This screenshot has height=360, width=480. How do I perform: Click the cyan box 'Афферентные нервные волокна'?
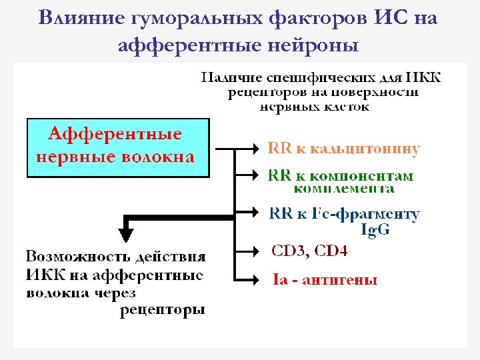point(117,147)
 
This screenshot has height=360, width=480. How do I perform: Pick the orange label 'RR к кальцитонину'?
point(343,149)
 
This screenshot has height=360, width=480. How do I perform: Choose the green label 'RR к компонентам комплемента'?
point(340,182)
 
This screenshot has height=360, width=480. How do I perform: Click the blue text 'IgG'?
point(375,231)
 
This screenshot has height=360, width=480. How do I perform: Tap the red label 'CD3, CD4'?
point(309,251)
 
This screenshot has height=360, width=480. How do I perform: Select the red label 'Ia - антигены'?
point(325,279)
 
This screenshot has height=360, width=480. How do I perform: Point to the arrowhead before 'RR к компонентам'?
point(259,175)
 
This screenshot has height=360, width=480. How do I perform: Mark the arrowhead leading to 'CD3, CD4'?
point(259,251)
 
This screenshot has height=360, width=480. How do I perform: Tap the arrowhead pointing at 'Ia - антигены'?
point(259,278)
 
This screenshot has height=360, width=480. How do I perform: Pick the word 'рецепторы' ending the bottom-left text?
point(162,309)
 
